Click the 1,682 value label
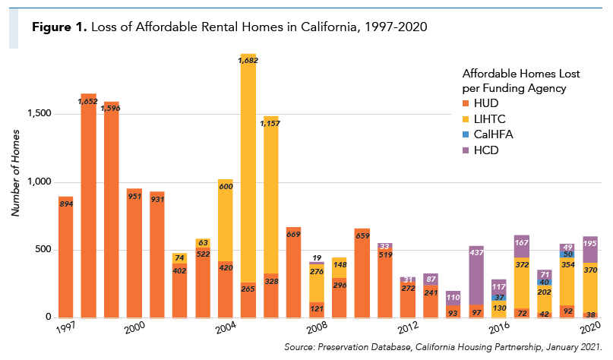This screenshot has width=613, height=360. tap(248, 61)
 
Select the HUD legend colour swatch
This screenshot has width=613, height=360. tap(466, 103)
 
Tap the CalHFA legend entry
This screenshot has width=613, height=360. tap(488, 134)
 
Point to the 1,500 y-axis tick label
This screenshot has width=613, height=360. tap(39, 113)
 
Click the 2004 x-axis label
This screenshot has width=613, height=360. tap(226, 327)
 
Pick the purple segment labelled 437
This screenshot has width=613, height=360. tap(476, 276)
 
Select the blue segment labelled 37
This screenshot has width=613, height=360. tap(499, 298)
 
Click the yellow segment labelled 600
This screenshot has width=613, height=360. tap(226, 220)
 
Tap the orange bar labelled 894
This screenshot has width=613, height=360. tap(65, 257)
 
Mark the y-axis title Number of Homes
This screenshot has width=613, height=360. tap(15, 173)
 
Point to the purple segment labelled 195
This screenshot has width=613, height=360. tap(590, 250)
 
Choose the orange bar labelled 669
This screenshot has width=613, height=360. tap(294, 273)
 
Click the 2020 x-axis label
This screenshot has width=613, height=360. tap(590, 327)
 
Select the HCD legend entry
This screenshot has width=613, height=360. tap(481, 150)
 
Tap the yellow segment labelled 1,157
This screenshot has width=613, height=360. tap(271, 194)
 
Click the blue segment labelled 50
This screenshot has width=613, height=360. tap(567, 254)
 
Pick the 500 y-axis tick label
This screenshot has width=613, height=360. tap(43, 249)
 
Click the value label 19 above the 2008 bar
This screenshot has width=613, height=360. tap(317, 258)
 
